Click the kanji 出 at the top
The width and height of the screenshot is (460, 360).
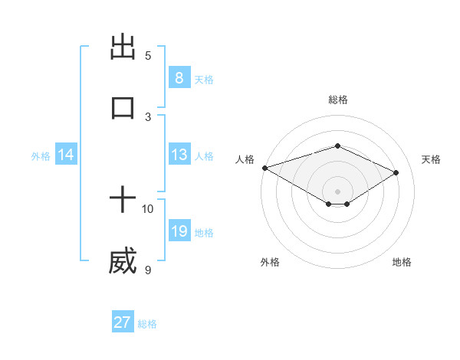(123, 47)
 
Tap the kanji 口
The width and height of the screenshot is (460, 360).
(123, 106)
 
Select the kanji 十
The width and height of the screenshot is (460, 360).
(123, 200)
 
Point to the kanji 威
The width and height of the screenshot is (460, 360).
(123, 260)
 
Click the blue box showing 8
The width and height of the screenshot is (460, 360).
(179, 77)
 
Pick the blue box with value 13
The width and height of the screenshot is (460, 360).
(179, 155)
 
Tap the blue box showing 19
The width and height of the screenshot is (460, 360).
(179, 231)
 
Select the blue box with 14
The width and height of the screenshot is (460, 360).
(66, 155)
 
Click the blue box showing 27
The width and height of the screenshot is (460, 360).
(123, 322)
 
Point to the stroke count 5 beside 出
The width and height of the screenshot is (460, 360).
(148, 56)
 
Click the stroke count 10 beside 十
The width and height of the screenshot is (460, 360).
(148, 208)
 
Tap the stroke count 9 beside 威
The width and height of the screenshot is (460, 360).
(148, 269)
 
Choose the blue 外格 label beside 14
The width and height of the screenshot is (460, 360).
(41, 156)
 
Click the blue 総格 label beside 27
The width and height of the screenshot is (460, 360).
(147, 324)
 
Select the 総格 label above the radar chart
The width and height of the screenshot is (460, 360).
(337, 100)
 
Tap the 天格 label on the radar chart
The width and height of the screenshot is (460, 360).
(431, 159)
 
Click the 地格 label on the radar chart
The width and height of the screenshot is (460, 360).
(402, 262)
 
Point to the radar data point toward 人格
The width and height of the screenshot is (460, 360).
(264, 168)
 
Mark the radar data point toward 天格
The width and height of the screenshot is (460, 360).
(396, 172)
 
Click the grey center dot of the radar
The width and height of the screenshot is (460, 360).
(337, 191)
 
